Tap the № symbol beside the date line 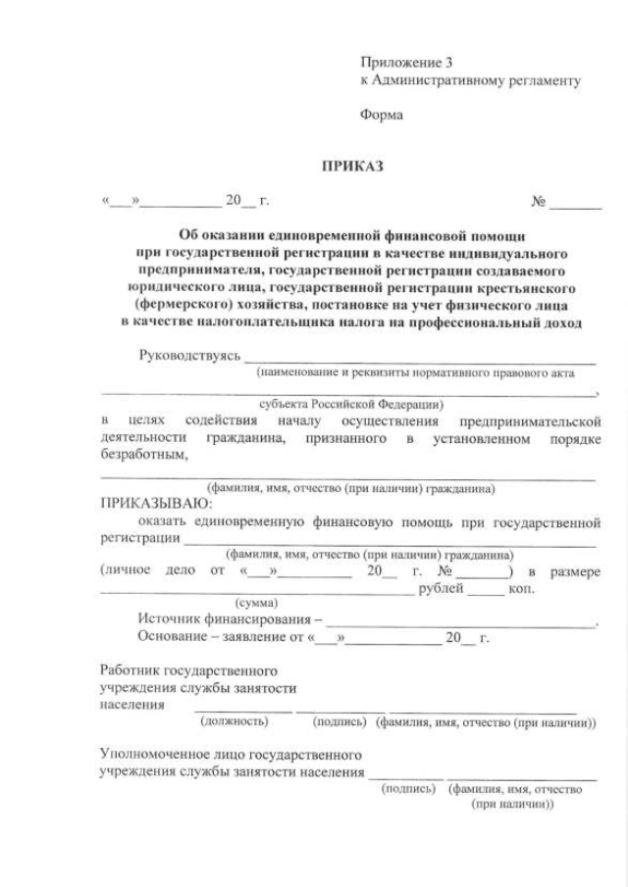539,202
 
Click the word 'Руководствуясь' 189,355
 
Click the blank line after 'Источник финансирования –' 460,620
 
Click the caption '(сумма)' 257,603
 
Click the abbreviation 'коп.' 521,588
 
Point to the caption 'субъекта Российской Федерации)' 351,403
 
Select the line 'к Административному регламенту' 470,80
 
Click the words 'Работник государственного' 188,671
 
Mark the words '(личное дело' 143,571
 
